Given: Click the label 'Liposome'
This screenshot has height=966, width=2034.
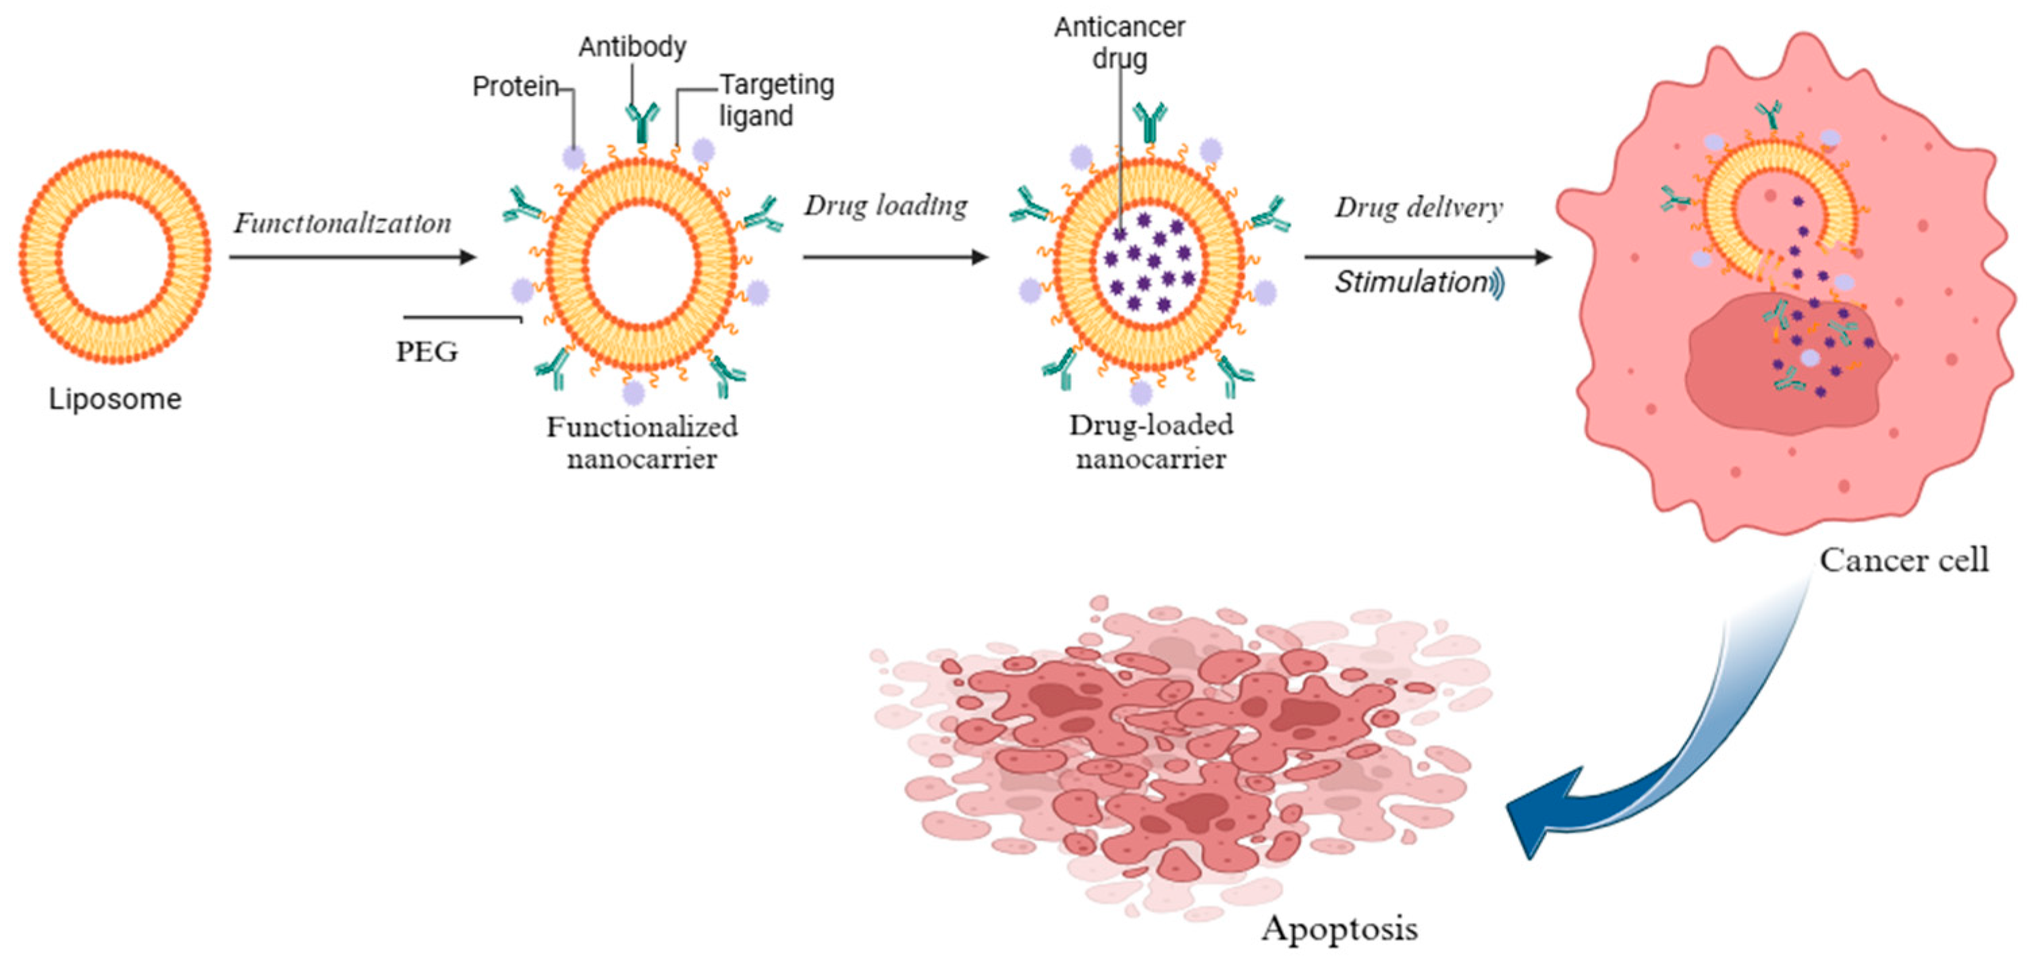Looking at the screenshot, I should pyautogui.click(x=115, y=399).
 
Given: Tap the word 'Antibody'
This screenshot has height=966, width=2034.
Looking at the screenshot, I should pyautogui.click(x=632, y=47).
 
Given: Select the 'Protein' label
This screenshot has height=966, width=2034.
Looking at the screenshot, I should pyautogui.click(x=516, y=86).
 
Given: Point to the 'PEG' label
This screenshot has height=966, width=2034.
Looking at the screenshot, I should pyautogui.click(x=427, y=352).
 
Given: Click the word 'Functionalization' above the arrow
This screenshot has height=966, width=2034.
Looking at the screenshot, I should pyautogui.click(x=342, y=223).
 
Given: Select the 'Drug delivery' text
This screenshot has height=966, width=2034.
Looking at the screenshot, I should pyautogui.click(x=1419, y=208).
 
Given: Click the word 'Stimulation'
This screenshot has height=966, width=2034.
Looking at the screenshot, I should pyautogui.click(x=1410, y=282).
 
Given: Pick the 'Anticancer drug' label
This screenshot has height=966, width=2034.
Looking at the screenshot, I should pyautogui.click(x=1120, y=42).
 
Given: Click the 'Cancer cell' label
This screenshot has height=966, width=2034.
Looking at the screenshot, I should pyautogui.click(x=1904, y=561).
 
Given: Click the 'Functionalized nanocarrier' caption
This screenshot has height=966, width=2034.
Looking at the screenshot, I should pyautogui.click(x=642, y=443).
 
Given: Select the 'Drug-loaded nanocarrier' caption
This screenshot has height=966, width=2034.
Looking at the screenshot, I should pyautogui.click(x=1151, y=442).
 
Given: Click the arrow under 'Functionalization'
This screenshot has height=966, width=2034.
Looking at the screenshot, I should pyautogui.click(x=352, y=257).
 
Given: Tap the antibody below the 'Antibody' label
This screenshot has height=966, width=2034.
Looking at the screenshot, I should pyautogui.click(x=641, y=122).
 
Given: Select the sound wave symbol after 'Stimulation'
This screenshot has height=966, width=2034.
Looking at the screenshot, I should pyautogui.click(x=1498, y=283).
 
